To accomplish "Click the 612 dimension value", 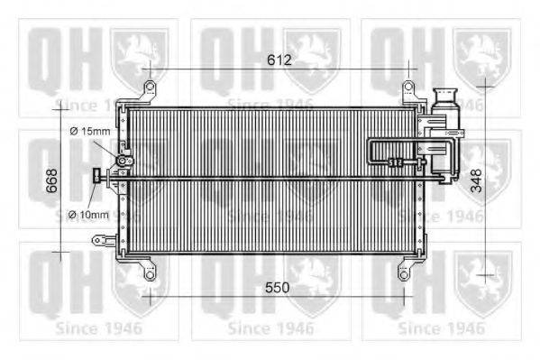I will click(x=279, y=60).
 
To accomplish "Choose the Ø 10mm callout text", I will click(x=88, y=215).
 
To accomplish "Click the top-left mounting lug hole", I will click(x=148, y=88).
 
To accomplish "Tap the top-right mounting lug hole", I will click(x=407, y=88).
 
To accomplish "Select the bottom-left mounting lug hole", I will click(x=151, y=268).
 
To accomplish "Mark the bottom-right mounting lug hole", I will click(x=403, y=268).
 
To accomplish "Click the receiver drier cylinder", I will click(x=445, y=135).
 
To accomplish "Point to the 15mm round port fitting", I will click(x=121, y=162).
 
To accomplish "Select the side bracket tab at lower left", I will click(x=98, y=239).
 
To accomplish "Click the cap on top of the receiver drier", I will click(x=445, y=95).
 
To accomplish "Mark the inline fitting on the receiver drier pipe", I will click(x=394, y=163).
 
